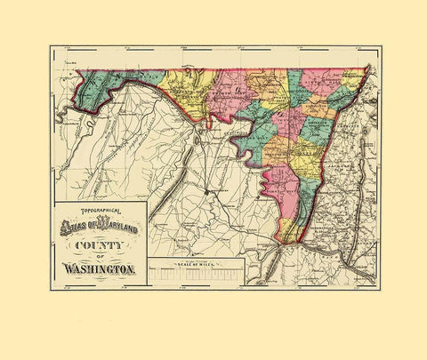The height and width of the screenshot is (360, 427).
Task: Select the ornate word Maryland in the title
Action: [122, 224]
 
